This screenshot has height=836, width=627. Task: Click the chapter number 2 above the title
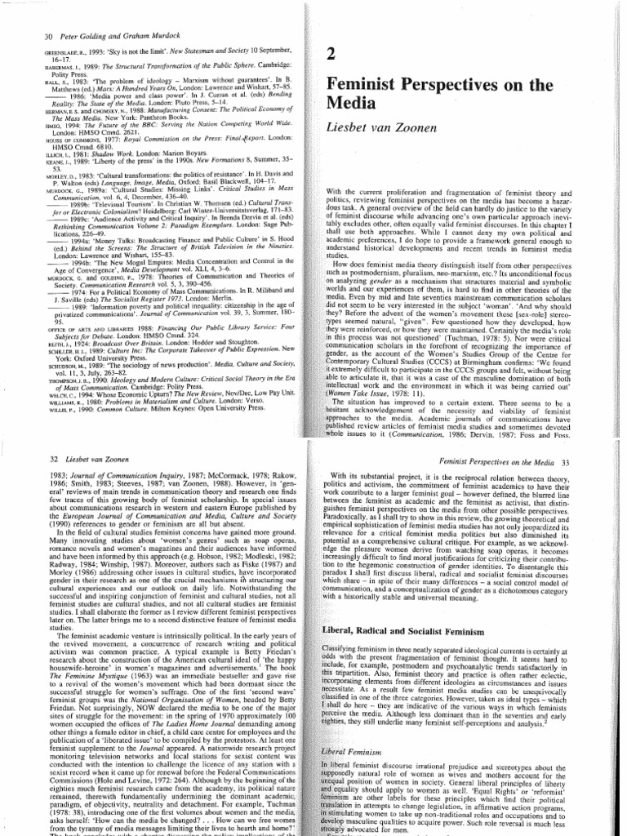click(331, 56)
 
